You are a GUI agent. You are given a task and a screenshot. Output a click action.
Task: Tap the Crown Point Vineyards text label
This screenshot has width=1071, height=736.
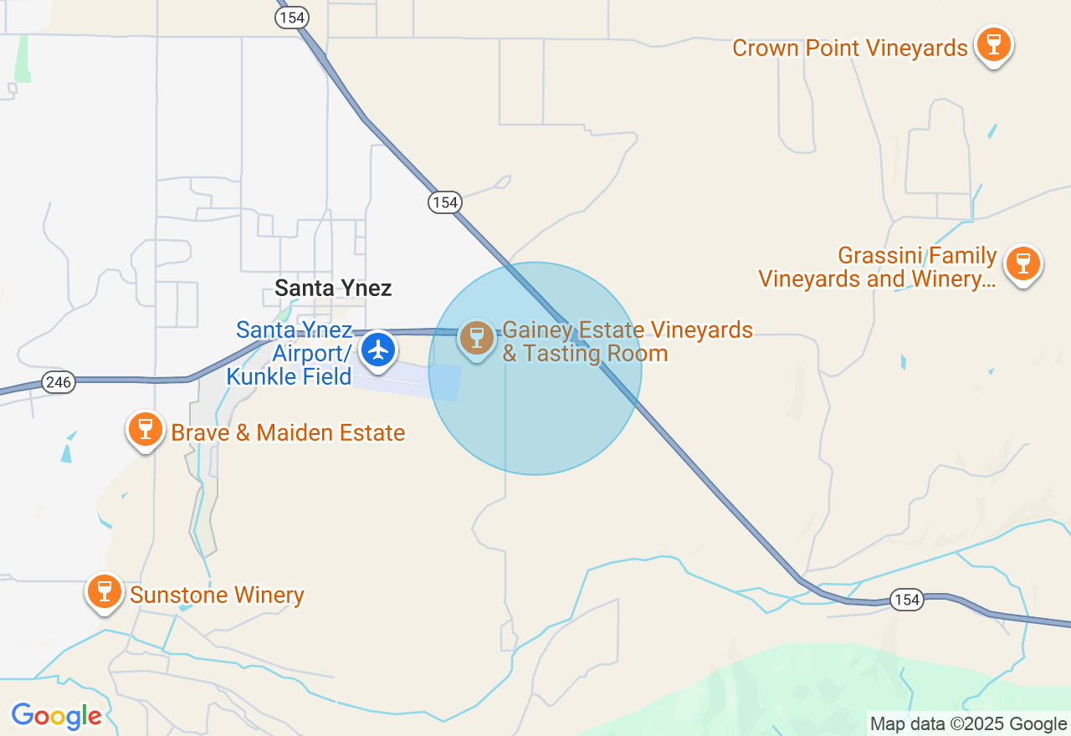(849, 49)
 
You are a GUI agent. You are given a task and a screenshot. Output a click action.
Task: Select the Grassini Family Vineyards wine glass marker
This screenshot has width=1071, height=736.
(1022, 263)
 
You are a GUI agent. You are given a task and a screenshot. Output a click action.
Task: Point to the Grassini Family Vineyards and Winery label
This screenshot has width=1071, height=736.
(877, 268)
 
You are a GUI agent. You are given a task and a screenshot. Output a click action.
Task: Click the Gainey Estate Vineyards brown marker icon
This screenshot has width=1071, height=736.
(477, 338)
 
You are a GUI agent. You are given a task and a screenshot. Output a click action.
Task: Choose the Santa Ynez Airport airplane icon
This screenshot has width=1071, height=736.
(379, 349)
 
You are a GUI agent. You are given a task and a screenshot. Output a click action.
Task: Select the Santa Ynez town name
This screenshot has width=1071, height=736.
(333, 289)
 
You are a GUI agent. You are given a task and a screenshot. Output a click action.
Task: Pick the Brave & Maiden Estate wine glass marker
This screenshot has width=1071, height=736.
(146, 429)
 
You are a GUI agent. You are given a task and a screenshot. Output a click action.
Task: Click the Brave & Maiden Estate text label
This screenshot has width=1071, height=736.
(288, 433)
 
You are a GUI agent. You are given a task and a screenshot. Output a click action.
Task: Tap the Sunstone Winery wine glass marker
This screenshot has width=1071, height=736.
(104, 591)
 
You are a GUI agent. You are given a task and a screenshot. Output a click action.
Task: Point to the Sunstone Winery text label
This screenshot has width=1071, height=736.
(217, 595)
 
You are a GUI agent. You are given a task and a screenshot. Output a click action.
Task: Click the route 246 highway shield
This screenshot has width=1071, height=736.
(59, 383)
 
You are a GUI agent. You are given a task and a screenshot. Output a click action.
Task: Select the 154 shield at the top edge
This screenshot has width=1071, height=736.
(292, 17)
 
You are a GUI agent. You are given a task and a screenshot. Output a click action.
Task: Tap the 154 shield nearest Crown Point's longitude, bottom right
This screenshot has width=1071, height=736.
(906, 600)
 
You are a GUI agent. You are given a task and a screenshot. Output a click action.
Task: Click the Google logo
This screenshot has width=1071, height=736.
(56, 716)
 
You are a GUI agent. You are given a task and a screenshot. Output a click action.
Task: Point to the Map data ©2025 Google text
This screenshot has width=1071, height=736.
(968, 724)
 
